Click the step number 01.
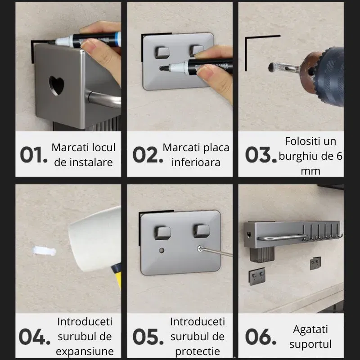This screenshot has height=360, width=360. pos(33,155)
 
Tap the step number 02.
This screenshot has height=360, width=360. pos(147,155)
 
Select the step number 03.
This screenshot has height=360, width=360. pos(260,155)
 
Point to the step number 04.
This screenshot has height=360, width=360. pos(33,337)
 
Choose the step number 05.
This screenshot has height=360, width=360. pos(147,337)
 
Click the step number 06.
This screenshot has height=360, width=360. pos(260,337)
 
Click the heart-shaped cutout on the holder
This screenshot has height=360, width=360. pos(56,85)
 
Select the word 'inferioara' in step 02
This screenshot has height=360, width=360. pos(196,162)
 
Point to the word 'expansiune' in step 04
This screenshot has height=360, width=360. pos(85,351)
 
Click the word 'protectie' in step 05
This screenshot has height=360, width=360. pos(197,351)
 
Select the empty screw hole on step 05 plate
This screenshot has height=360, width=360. pos(162,249)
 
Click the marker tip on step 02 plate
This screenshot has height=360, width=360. pos(163,68)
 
